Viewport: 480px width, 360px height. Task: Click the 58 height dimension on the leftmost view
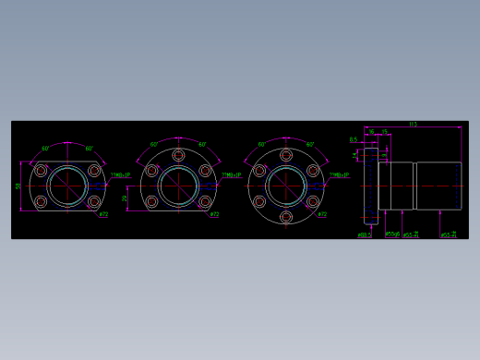(18, 186)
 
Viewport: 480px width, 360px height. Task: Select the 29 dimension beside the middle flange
(126, 198)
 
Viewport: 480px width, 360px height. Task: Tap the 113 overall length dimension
(413, 124)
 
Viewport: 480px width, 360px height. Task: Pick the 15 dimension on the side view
(385, 132)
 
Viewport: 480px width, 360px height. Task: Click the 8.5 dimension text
(353, 139)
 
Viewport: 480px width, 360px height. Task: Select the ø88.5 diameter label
(364, 235)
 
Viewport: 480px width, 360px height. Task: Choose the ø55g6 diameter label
(392, 234)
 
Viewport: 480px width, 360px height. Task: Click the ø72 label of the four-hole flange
(103, 214)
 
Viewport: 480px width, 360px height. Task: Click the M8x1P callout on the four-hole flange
(121, 174)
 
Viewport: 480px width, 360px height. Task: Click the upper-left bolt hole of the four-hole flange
(41, 170)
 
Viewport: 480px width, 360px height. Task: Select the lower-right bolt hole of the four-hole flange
(93, 201)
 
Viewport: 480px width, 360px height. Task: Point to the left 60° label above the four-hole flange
(45, 148)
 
